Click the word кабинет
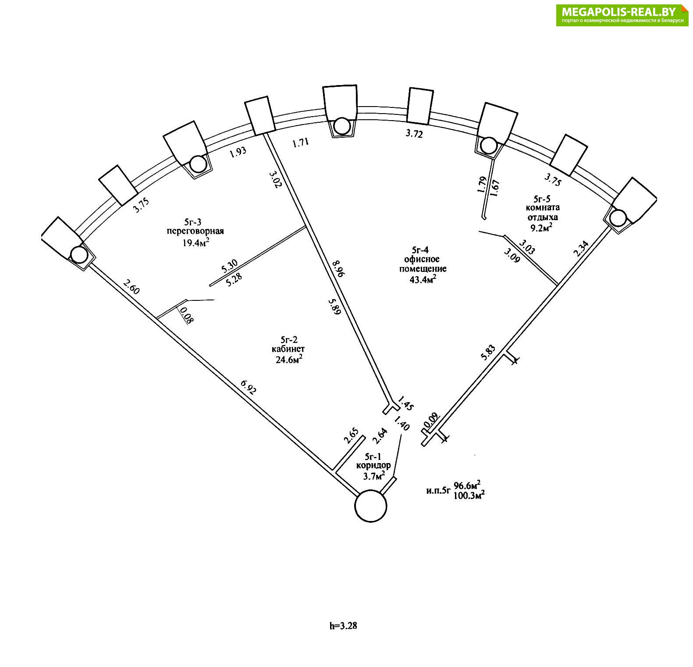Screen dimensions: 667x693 288,349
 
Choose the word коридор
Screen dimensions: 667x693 373,466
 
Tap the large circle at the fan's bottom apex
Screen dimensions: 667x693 370,506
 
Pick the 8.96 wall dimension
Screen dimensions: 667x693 338,268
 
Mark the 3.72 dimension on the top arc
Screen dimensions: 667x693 414,134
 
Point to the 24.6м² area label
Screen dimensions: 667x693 288,359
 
